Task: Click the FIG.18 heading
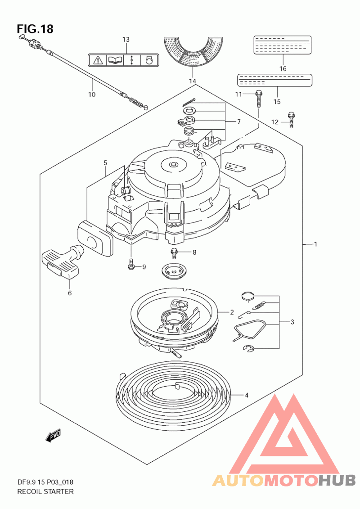35,29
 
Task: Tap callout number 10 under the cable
92,95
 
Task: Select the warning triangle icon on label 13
98,60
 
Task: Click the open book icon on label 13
115,60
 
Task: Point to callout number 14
193,81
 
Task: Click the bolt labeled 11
259,99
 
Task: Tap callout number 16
283,68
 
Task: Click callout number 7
239,122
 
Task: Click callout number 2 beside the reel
232,312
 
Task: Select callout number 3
292,322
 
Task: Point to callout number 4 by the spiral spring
247,395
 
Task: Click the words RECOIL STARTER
45,491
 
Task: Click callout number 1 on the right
315,244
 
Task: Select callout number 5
105,162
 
